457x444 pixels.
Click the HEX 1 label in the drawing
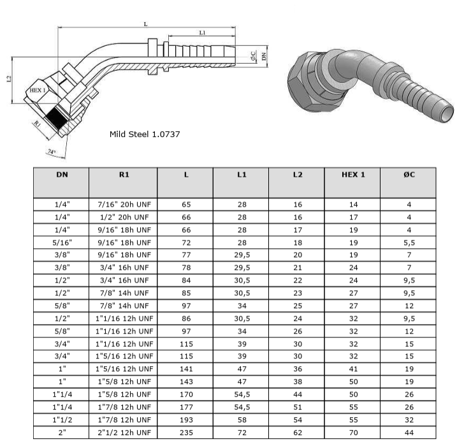38,90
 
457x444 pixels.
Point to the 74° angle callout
52,152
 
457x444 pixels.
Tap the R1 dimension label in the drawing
38,123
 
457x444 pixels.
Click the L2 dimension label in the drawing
9,79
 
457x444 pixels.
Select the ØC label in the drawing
253,56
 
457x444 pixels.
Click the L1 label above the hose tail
202,33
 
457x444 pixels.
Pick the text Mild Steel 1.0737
145,134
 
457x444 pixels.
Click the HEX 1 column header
353,174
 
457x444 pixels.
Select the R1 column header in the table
124,174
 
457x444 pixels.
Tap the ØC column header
409,174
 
